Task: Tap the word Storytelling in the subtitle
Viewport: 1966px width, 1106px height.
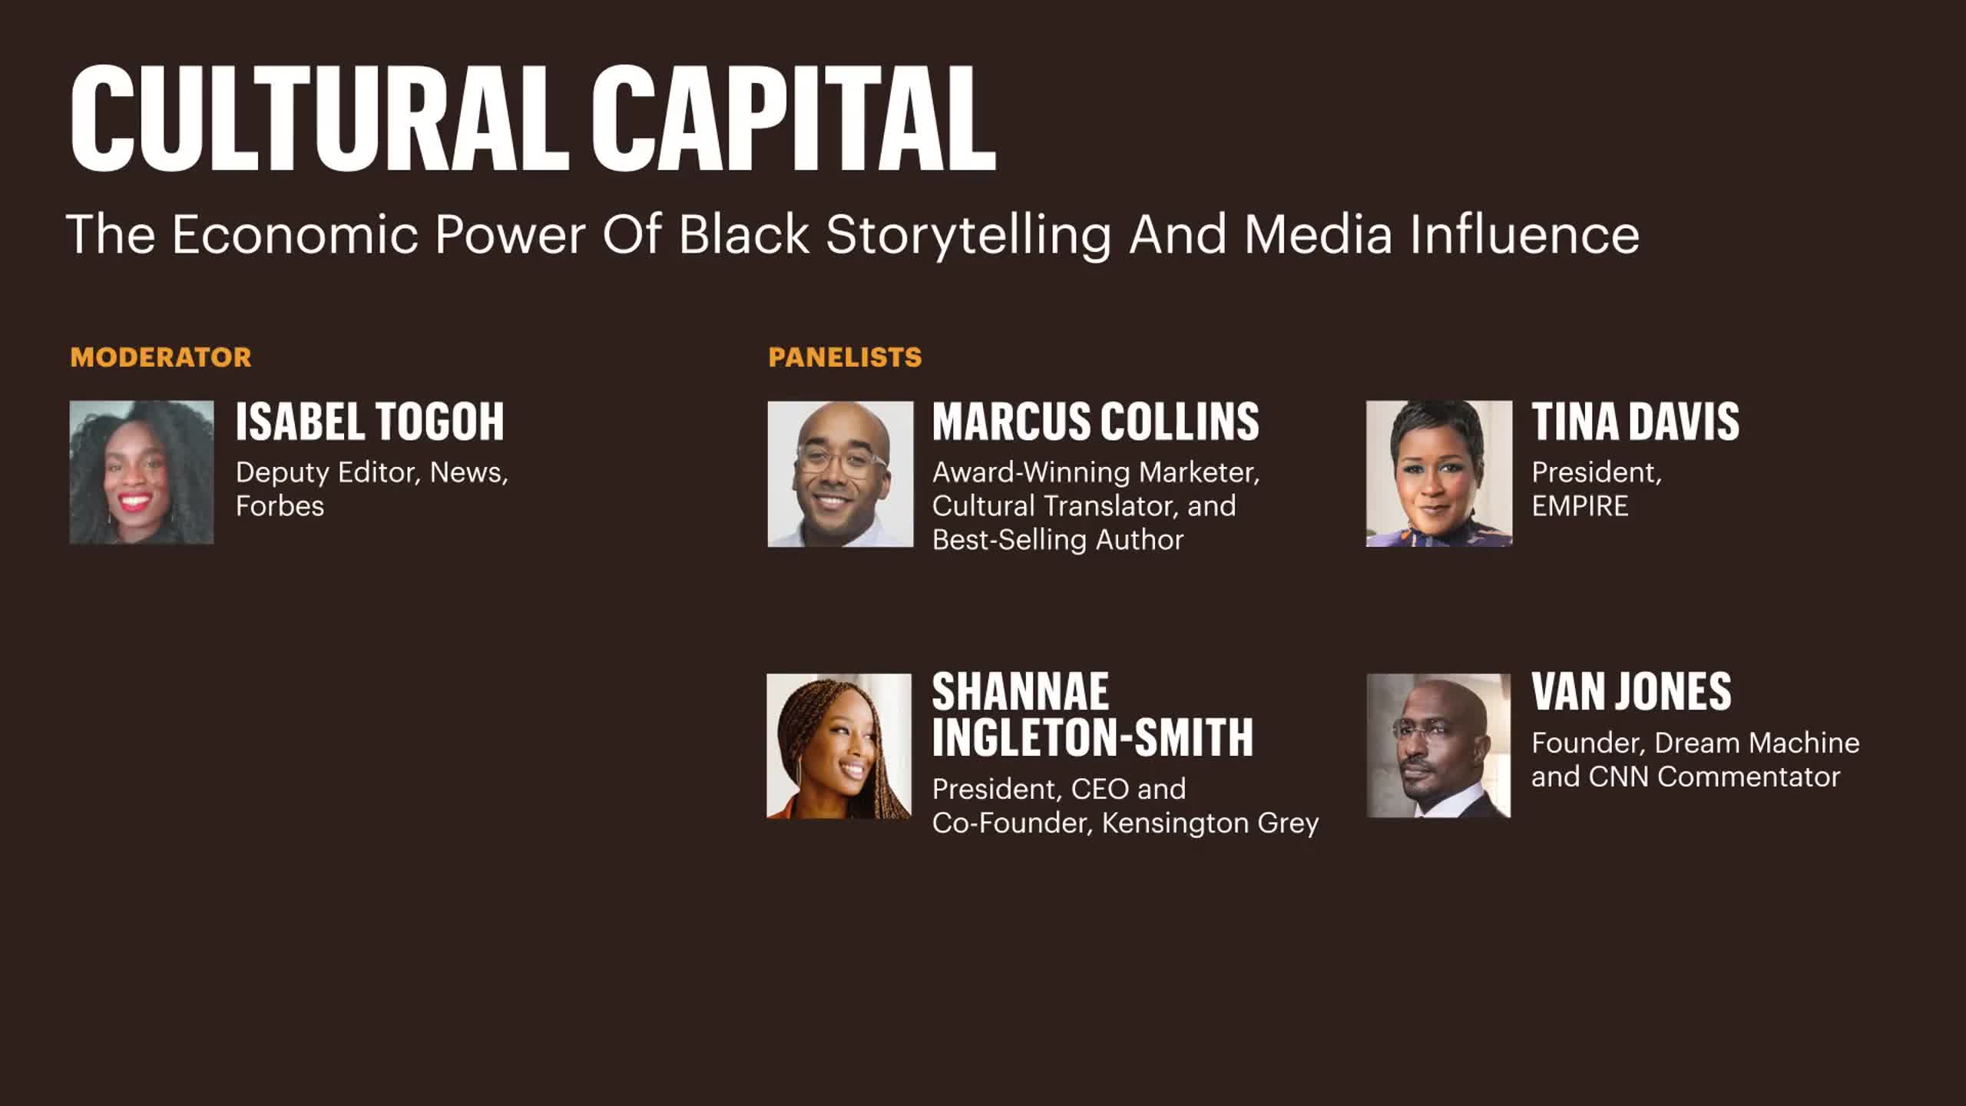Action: (x=969, y=235)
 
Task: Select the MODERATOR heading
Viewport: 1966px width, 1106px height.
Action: (x=161, y=357)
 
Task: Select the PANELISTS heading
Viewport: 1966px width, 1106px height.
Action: (x=845, y=357)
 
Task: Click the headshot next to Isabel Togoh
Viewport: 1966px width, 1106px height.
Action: (x=142, y=472)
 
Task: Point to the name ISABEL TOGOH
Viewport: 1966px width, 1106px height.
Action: (x=369, y=422)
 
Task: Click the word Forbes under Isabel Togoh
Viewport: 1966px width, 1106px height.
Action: (x=280, y=506)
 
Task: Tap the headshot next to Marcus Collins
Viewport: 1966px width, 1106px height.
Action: (x=841, y=474)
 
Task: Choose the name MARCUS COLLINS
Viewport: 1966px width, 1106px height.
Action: (x=1096, y=422)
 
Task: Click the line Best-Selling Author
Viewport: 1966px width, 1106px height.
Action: (x=1058, y=540)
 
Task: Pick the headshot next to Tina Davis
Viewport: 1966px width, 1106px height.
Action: (x=1439, y=474)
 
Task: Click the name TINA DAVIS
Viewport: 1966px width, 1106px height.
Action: (x=1636, y=422)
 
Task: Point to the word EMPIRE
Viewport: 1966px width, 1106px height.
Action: (x=1580, y=506)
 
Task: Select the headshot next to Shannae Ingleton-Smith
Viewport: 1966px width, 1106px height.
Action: (x=839, y=746)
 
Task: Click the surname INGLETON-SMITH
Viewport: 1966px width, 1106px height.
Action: (x=1093, y=737)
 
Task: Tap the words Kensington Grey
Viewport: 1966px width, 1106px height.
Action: (x=1210, y=823)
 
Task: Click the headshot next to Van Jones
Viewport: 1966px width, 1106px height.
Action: (x=1438, y=746)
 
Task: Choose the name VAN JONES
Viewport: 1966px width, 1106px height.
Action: (x=1632, y=691)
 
